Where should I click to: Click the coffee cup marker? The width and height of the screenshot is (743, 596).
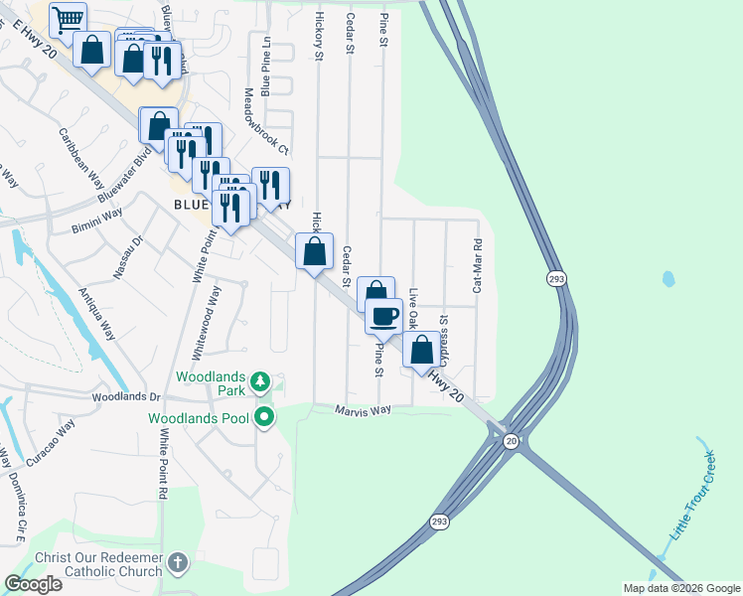pos(383,317)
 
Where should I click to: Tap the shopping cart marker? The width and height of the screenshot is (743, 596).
pos(68,20)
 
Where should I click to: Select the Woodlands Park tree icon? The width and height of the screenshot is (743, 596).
pos(259,381)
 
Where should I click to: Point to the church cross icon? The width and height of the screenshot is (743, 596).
pos(177,563)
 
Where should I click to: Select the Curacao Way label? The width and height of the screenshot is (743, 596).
pos(51,443)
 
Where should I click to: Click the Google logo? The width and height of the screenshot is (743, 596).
pos(33,584)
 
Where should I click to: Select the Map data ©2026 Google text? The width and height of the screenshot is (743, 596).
pos(680,588)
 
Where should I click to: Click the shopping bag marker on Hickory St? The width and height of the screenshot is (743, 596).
pos(315,251)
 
